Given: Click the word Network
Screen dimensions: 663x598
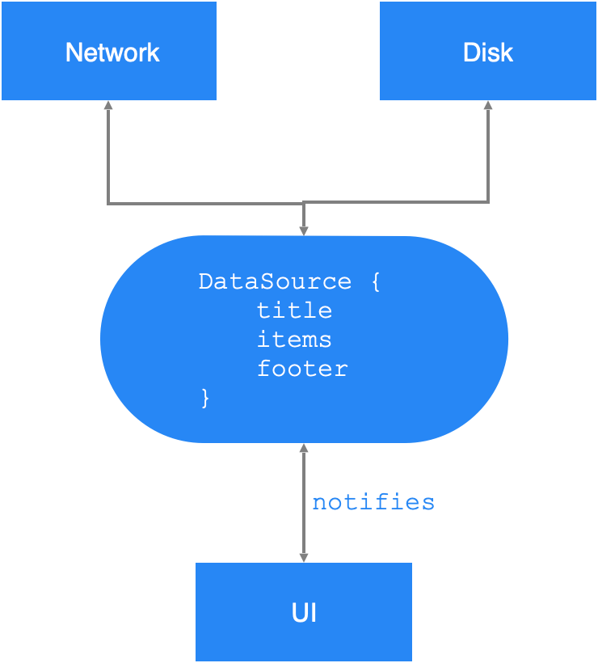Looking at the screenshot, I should [112, 53].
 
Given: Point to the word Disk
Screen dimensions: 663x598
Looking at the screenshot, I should [488, 53].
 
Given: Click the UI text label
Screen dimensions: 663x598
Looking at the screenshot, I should [304, 613].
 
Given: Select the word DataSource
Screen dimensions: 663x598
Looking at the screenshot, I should [275, 281].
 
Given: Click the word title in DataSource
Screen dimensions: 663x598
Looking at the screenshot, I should [294, 310].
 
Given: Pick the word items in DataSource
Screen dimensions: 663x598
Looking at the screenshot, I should [294, 340].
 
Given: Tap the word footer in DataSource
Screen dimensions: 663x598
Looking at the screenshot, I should [302, 369].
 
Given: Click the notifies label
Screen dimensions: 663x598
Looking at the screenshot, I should [373, 502].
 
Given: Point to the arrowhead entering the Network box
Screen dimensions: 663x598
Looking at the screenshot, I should [108, 105].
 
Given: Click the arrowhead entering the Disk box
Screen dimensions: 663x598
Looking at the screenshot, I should [488, 105].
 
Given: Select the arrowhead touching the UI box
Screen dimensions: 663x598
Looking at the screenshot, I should [304, 557].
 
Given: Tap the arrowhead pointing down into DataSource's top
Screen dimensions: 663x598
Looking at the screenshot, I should [304, 230].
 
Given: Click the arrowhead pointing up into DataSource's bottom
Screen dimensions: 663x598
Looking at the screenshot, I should [304, 448].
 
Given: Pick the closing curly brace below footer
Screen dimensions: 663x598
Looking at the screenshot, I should [205, 398].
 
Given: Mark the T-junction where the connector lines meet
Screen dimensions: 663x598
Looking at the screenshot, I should [304, 203].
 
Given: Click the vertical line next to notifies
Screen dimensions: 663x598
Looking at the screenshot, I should [304, 502].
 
